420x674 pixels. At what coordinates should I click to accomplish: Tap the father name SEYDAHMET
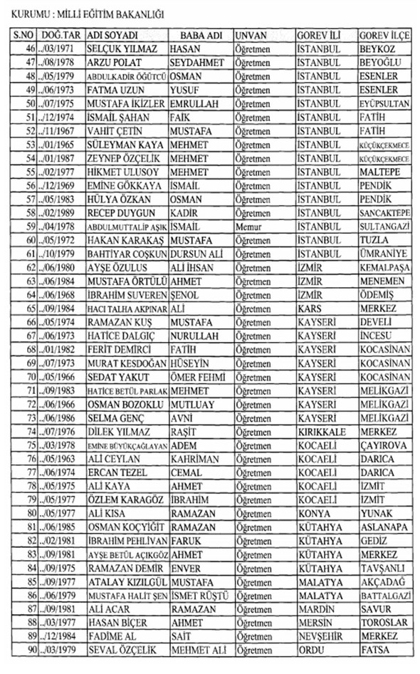pos(198,63)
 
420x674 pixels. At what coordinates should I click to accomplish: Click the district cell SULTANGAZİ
pos(385,227)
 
